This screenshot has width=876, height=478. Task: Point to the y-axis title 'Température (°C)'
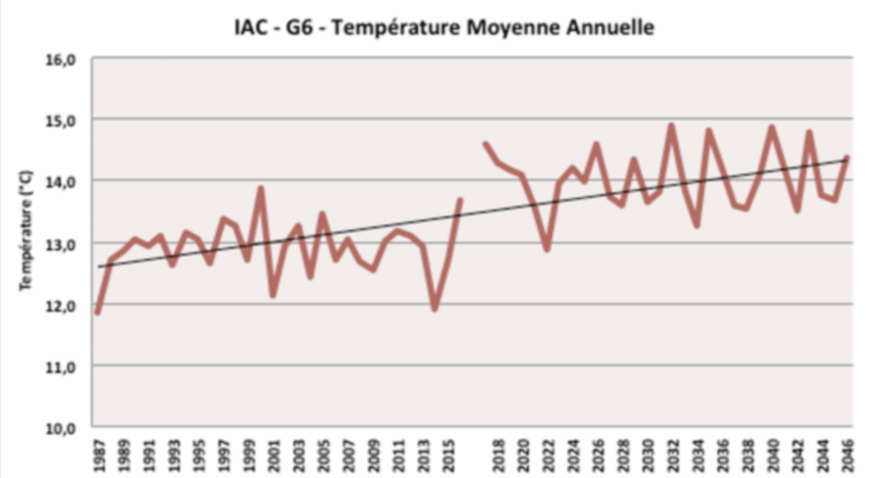pyautogui.click(x=26, y=228)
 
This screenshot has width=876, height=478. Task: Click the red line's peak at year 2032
pyautogui.click(x=672, y=126)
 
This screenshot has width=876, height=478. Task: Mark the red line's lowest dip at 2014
pyautogui.click(x=435, y=309)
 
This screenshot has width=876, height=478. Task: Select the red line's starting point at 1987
pyautogui.click(x=98, y=313)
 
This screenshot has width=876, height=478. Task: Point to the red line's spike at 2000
pyautogui.click(x=260, y=188)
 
